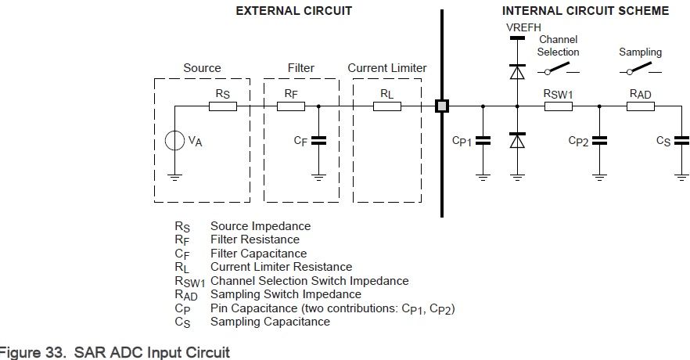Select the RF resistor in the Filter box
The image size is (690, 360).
pos(291,106)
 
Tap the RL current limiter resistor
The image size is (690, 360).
pos(386,106)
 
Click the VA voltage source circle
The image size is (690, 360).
pos(174,142)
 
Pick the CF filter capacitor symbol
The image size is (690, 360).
pos(318,141)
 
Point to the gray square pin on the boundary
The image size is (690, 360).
pos(442,106)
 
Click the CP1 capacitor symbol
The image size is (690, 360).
pos(483,141)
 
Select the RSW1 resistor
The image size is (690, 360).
pos(559,106)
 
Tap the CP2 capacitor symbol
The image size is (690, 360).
pos(599,141)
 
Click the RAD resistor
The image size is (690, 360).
pos(641,106)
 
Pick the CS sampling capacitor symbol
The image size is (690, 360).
pos(681,141)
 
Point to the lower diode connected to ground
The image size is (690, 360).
pos(516,141)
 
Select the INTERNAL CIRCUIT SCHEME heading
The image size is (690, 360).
pos(585,11)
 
